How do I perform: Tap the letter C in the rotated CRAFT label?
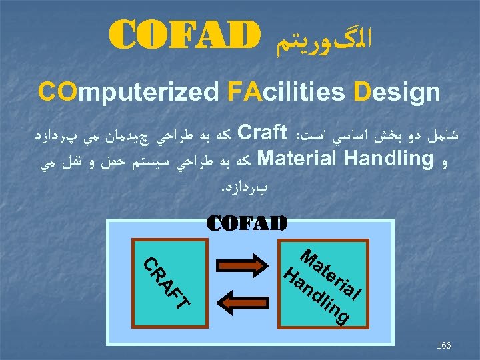coord(151,263)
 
